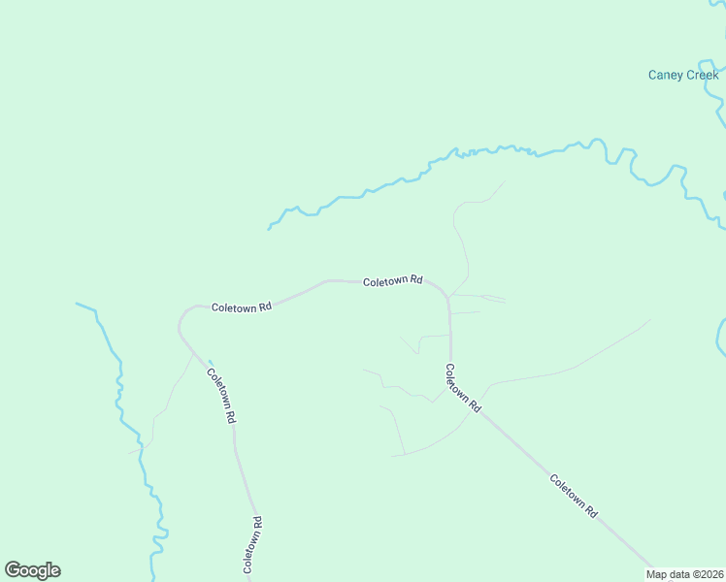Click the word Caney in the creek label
[x=666, y=75]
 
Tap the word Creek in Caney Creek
[x=703, y=75]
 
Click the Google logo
[x=32, y=570]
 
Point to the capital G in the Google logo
[x=13, y=569]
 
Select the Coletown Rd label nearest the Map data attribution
[x=573, y=496]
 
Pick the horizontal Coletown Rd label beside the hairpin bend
[x=242, y=307]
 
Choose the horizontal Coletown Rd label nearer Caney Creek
[x=393, y=281]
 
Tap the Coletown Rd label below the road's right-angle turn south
[x=463, y=388]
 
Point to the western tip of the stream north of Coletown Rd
[x=269, y=229]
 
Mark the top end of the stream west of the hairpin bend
[x=77, y=304]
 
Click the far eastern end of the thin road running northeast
[x=650, y=319]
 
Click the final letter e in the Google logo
[x=54, y=570]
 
